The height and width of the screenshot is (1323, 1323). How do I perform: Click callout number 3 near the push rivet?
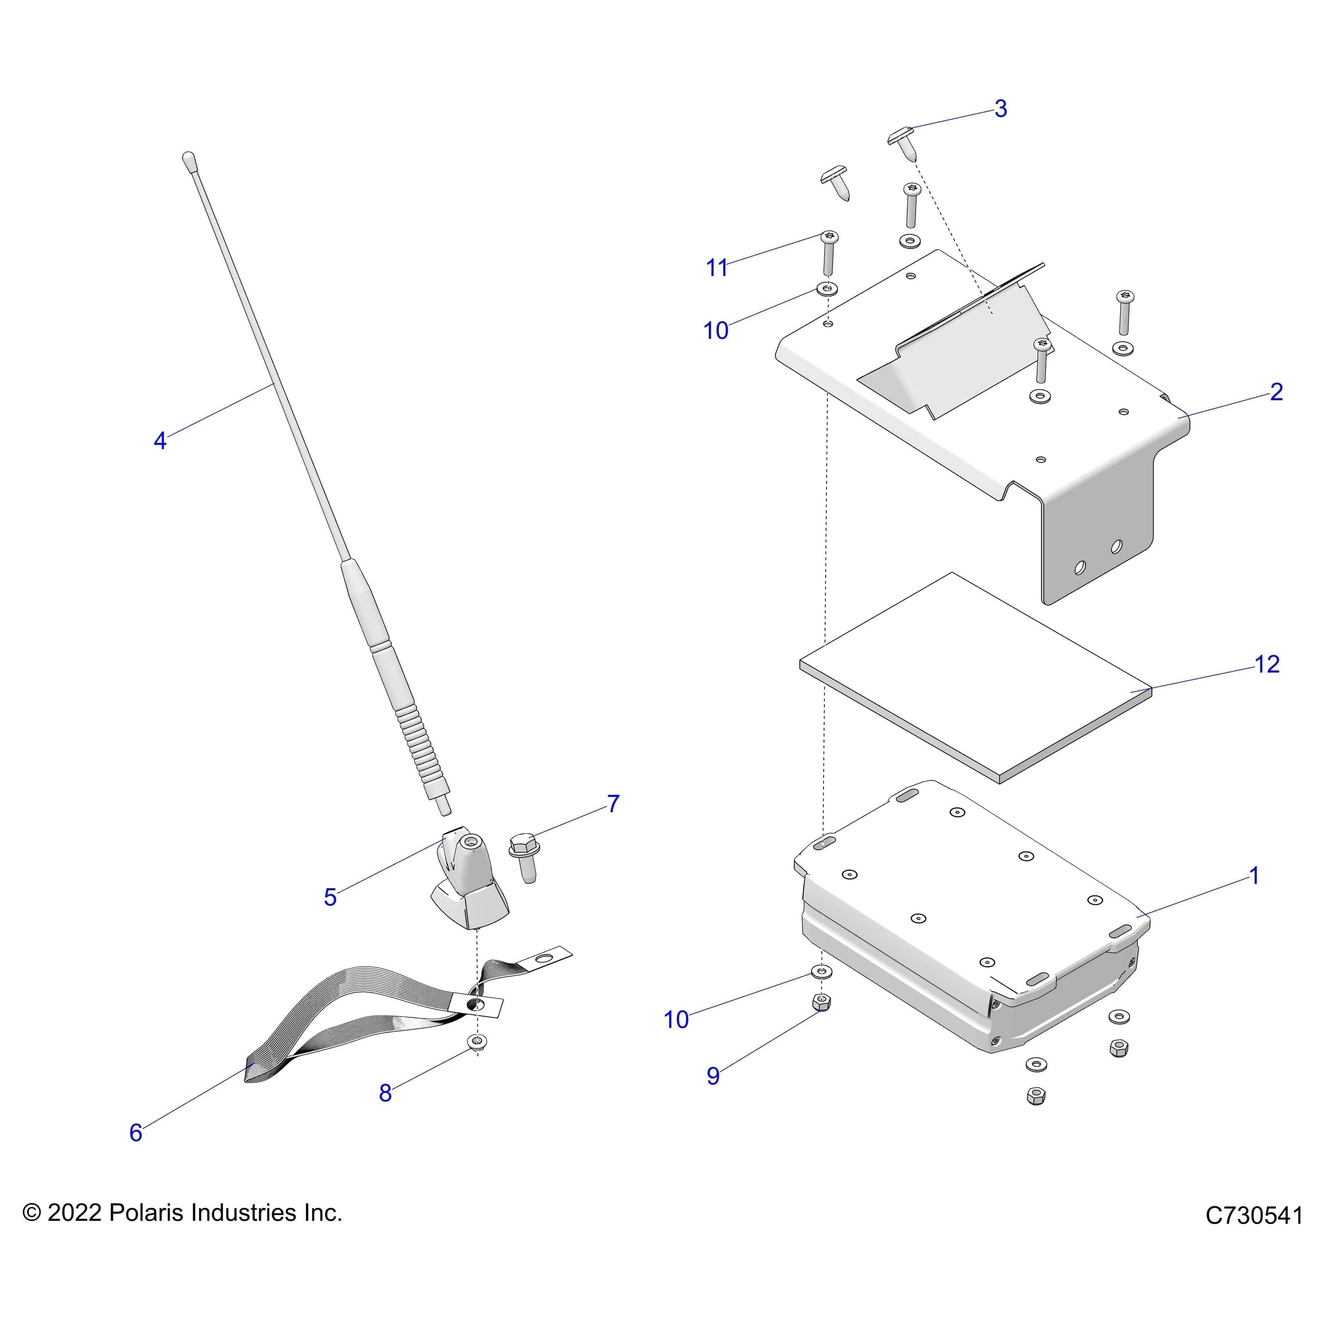point(1000,108)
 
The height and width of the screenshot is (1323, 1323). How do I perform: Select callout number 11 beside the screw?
point(716,268)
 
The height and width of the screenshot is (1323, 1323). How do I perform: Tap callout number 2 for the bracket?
point(1276,392)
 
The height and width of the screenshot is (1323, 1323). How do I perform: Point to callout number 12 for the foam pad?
point(1267,664)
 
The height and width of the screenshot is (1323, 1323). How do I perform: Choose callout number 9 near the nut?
point(713,1076)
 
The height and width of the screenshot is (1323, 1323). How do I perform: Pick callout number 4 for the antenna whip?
point(159,440)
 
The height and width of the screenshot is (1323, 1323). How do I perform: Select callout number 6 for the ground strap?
point(136,1133)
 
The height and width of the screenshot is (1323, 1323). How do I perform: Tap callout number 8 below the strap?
point(385,1093)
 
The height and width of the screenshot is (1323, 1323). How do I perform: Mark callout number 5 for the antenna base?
point(330,897)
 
